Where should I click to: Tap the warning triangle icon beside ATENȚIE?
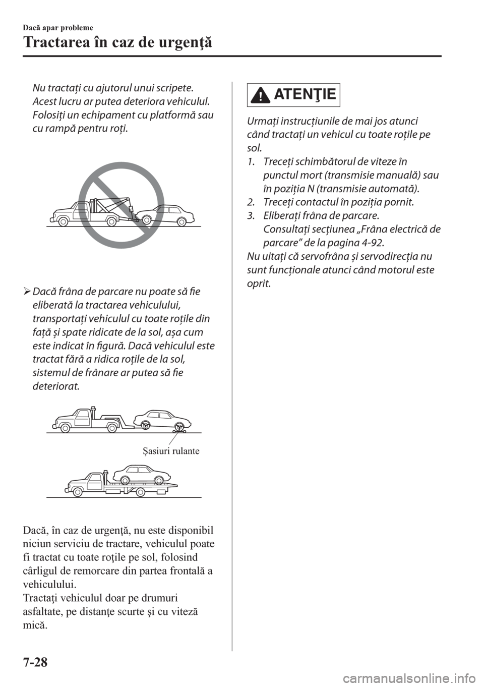pos(260,96)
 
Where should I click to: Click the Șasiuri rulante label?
pos(170,451)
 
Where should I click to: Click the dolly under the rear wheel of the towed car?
pos(176,429)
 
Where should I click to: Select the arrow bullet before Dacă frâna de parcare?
pos(27,292)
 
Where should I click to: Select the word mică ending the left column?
pos(35,625)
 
